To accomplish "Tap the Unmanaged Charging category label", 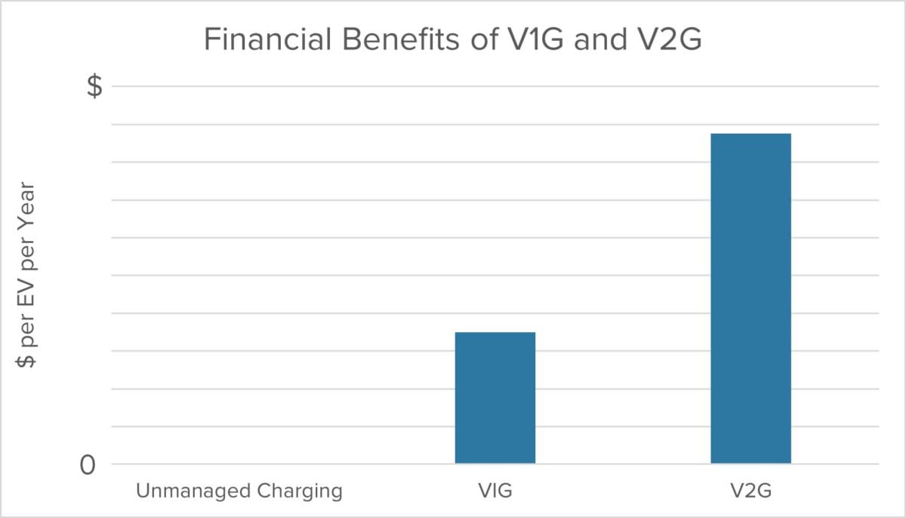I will coord(239,492).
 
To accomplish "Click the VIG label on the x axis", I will coord(495,492).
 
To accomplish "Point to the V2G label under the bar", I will coord(750,492).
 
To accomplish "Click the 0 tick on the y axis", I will coord(88,464).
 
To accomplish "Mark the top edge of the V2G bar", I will coord(750,134).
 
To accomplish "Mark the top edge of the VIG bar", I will coord(495,333).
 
